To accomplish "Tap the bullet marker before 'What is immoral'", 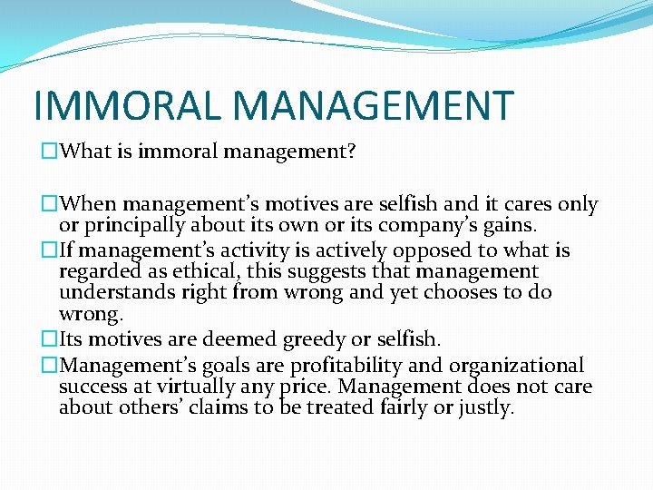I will [x=42, y=152].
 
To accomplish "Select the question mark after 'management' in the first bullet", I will [x=351, y=152].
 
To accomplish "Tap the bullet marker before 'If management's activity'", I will [x=42, y=250].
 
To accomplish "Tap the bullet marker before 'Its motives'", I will [x=42, y=340].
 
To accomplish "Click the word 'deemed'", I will [x=243, y=340].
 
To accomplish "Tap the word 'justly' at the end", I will [x=487, y=408].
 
